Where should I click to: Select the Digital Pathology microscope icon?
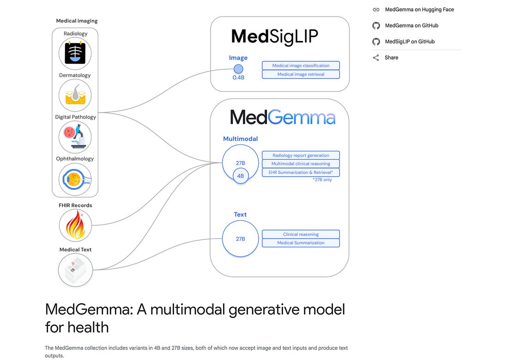[75, 137]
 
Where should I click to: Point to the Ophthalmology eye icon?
[75, 179]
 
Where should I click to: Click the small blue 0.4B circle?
[238, 69]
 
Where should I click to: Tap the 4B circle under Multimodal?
[240, 176]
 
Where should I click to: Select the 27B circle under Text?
[240, 239]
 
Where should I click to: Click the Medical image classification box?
[301, 66]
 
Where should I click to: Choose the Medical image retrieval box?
[301, 74]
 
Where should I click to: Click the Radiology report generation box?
[301, 156]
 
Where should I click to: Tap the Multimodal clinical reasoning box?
[301, 164]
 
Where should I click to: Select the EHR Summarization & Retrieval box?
[301, 172]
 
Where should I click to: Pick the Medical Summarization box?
[301, 243]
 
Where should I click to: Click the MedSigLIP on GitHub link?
[410, 42]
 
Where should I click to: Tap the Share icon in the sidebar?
[376, 58]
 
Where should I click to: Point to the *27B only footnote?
[322, 180]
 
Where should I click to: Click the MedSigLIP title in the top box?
[274, 36]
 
